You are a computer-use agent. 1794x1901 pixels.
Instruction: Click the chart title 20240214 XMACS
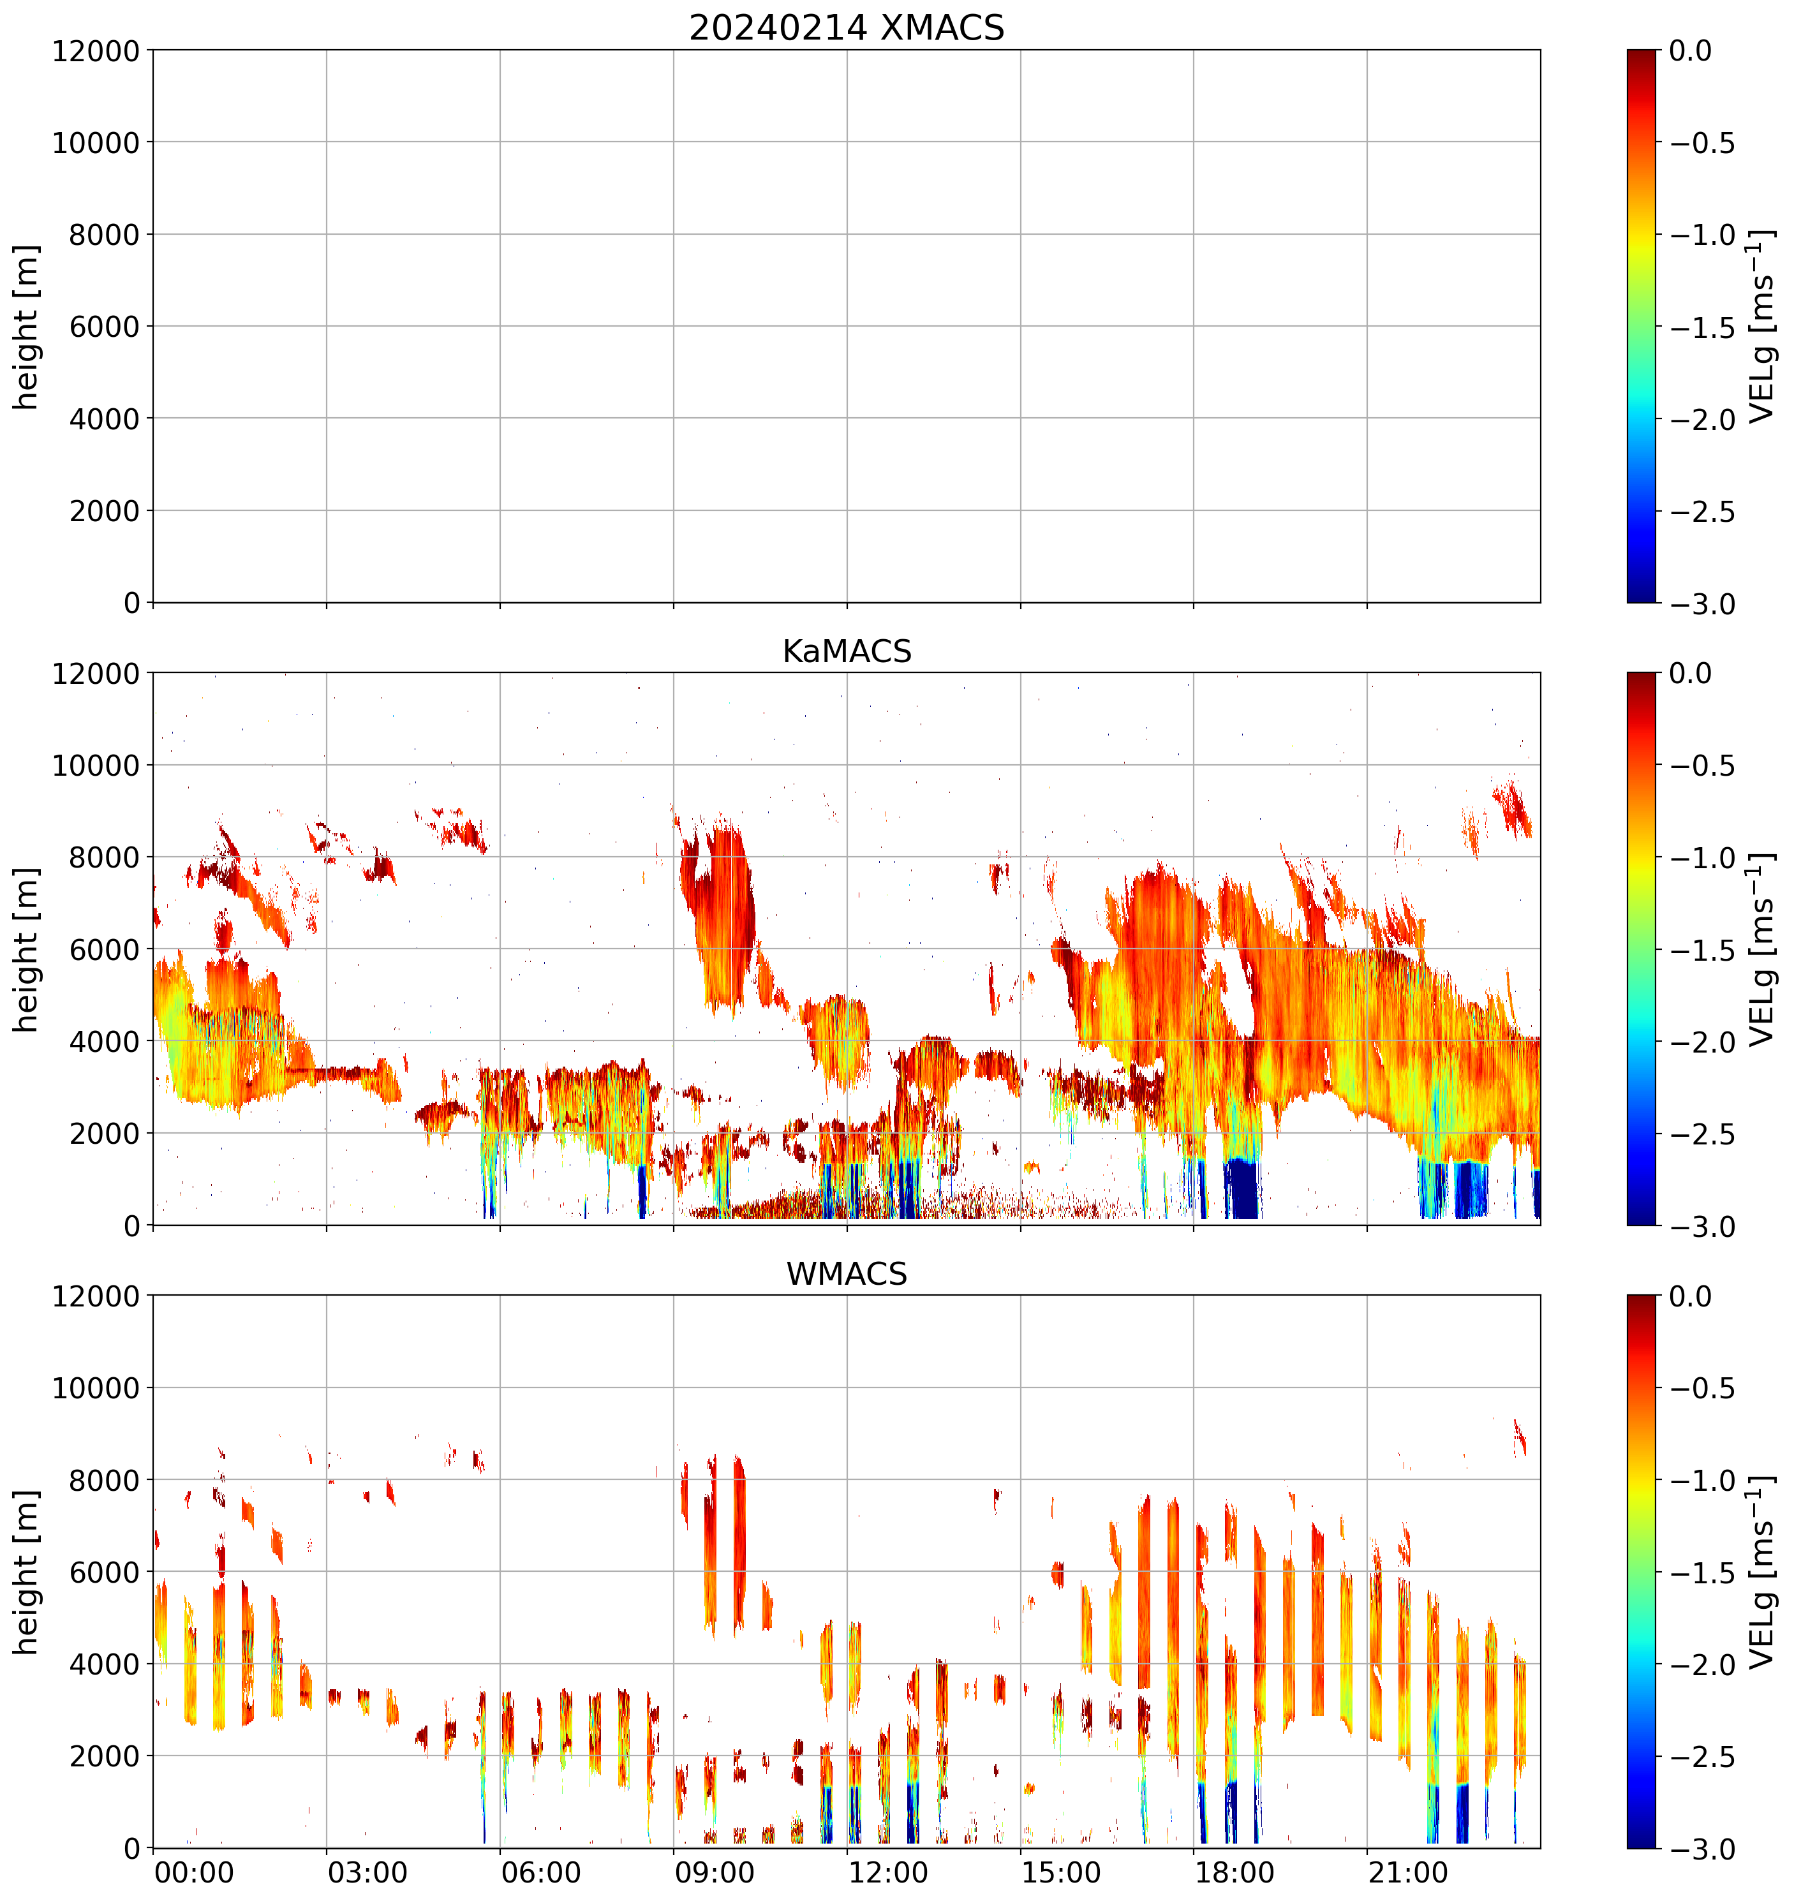click(847, 27)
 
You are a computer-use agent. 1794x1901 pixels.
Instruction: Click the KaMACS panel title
click(847, 651)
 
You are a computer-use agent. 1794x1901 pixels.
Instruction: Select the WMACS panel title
click(847, 1275)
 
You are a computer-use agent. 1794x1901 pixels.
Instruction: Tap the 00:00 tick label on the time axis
click(194, 1872)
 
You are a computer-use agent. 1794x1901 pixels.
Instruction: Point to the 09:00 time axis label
click(715, 1872)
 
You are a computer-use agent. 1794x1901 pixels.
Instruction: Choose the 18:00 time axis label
click(1234, 1872)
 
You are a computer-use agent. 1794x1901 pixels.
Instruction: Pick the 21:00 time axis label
click(1407, 1872)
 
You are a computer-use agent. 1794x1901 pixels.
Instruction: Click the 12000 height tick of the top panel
click(96, 50)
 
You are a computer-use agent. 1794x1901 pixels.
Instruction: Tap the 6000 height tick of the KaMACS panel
click(104, 950)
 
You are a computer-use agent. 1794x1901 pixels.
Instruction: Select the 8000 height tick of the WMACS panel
click(104, 1480)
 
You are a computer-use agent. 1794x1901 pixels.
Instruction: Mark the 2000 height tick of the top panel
click(104, 510)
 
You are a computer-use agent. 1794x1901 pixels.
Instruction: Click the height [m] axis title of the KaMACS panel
click(27, 950)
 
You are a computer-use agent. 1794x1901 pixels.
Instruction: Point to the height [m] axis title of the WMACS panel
click(27, 1572)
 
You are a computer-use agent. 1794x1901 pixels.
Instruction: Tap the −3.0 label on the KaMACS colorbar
click(1702, 1227)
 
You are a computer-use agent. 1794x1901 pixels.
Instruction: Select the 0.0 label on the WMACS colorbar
click(1691, 1297)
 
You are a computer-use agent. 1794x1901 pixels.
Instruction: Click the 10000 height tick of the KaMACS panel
click(96, 765)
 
